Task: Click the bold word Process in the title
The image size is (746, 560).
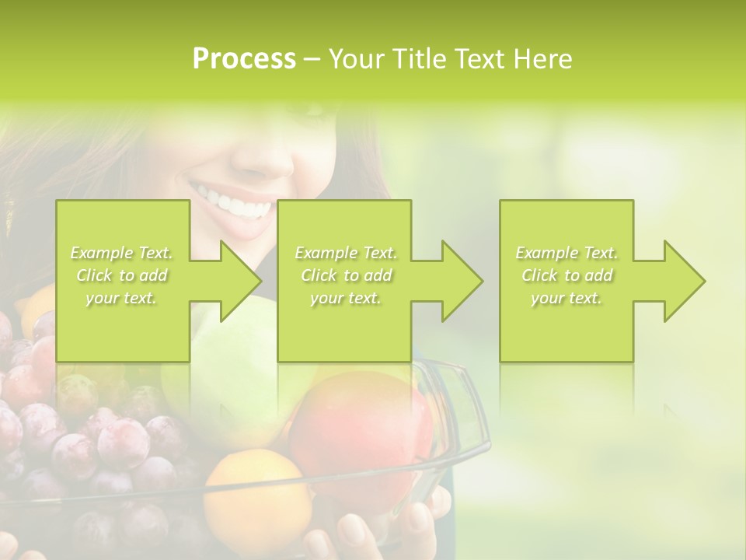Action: pos(244,59)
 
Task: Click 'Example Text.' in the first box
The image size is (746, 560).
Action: pos(122,253)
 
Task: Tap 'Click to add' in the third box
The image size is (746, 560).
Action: pos(567,275)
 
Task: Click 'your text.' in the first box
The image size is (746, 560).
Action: pos(122,298)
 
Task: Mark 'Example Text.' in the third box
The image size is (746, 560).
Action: pos(567,253)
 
